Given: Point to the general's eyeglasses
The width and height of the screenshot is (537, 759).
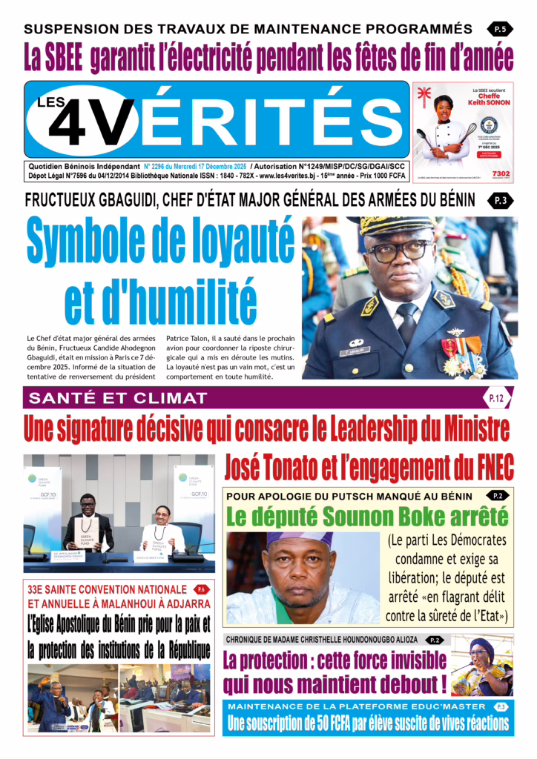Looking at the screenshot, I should click(401, 251).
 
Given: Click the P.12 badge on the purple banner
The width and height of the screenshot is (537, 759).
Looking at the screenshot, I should click(495, 399).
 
